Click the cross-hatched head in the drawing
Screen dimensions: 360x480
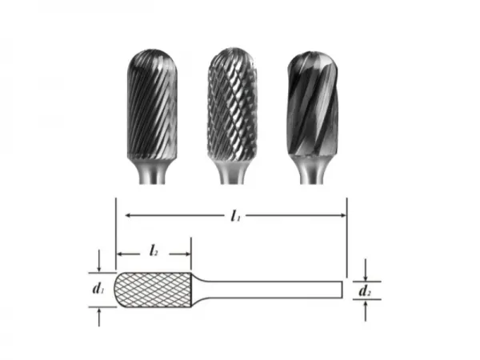[x=156, y=289]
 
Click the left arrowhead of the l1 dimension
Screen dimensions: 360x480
[x=121, y=214]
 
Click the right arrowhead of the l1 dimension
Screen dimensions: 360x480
[x=342, y=214]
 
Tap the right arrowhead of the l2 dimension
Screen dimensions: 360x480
[x=188, y=256]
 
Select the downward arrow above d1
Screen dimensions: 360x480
[x=98, y=266]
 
